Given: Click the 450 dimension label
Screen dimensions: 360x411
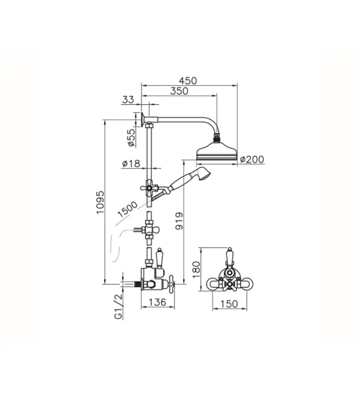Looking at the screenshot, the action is point(187,81).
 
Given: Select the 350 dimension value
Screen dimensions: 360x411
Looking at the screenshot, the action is point(179,91).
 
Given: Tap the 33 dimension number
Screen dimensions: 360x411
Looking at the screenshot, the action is point(128,100).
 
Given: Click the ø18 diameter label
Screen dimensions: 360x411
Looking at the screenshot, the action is point(131,163).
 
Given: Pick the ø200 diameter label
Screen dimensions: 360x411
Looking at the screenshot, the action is point(252,159).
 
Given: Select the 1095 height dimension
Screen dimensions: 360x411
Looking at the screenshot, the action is point(100,202).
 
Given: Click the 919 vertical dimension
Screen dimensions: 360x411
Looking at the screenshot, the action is point(179,221).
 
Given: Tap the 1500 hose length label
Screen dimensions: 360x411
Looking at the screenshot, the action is point(127,209).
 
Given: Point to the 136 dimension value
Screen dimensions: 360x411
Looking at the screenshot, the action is point(158,302).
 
